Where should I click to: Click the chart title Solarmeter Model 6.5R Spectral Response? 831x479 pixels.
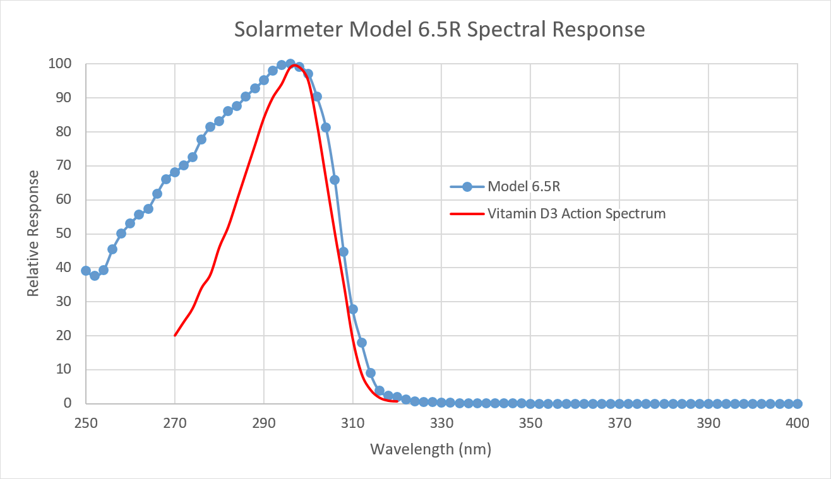click(x=440, y=30)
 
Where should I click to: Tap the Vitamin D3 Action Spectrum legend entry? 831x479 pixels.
click(x=577, y=213)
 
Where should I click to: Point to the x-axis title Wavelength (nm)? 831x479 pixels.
click(x=430, y=449)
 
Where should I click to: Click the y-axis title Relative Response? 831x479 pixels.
click(x=33, y=234)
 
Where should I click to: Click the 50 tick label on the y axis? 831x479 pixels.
click(x=64, y=234)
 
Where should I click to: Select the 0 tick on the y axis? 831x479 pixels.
click(x=68, y=403)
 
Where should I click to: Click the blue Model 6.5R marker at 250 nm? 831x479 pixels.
click(x=86, y=271)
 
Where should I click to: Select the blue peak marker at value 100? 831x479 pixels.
click(x=290, y=64)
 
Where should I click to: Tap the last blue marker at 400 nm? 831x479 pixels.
click(x=798, y=403)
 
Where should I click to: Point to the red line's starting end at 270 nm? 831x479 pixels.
click(x=175, y=335)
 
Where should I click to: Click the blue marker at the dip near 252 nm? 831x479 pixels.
click(x=95, y=276)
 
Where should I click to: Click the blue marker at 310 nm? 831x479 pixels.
click(x=353, y=309)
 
